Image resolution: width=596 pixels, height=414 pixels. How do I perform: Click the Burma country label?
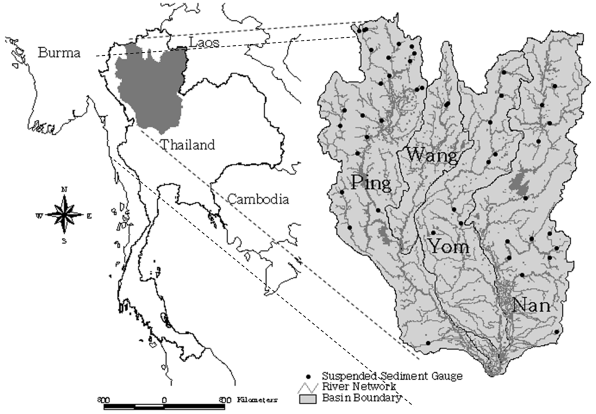pyautogui.click(x=60, y=53)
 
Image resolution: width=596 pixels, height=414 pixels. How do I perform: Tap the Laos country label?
pyautogui.click(x=205, y=42)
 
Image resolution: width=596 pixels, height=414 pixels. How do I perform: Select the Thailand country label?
pyautogui.click(x=188, y=145)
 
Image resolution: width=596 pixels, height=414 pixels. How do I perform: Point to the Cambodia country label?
pyautogui.click(x=258, y=199)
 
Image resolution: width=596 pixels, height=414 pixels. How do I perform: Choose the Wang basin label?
pyautogui.click(x=432, y=155)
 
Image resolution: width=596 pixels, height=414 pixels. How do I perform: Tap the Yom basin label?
pyautogui.click(x=449, y=247)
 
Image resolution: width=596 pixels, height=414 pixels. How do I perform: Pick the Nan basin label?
pyautogui.click(x=531, y=304)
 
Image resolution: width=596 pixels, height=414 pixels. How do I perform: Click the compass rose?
pyautogui.click(x=65, y=214)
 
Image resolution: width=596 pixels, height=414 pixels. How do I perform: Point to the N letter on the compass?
pyautogui.click(x=65, y=190)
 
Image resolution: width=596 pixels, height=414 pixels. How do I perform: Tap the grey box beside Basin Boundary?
pyautogui.click(x=307, y=399)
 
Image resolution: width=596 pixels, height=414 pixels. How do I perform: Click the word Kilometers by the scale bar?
pyautogui.click(x=258, y=401)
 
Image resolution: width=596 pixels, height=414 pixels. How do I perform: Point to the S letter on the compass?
pyautogui.click(x=65, y=240)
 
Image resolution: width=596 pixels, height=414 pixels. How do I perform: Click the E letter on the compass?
pyautogui.click(x=89, y=215)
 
